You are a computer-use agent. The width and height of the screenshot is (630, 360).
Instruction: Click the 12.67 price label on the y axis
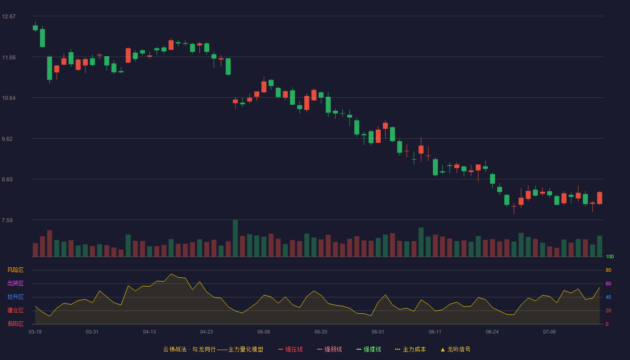(x=9, y=17)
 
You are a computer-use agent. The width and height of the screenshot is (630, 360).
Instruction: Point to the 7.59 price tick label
(x=7, y=220)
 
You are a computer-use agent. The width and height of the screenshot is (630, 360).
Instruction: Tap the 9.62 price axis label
(x=7, y=139)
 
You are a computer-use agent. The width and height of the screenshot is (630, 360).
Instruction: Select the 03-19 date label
(x=35, y=332)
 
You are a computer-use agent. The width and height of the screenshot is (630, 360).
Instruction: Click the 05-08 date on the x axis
(x=264, y=332)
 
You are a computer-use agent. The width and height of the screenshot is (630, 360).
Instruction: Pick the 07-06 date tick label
(x=549, y=332)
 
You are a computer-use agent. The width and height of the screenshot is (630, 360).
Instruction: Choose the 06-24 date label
(x=492, y=332)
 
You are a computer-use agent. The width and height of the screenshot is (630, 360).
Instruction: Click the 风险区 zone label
(x=15, y=270)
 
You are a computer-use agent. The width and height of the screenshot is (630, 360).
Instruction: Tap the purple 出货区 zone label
(x=15, y=283)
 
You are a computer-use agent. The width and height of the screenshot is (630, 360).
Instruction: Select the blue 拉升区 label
(x=15, y=297)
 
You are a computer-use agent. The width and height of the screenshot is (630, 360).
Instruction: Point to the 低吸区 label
(x=15, y=324)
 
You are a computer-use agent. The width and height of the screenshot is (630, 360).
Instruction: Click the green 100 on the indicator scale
(x=610, y=256)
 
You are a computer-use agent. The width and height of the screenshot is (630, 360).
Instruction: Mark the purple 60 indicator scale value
(x=608, y=283)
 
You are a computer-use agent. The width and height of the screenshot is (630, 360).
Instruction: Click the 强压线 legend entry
(x=290, y=349)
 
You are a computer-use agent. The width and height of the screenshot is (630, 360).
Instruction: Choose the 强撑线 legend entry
(x=369, y=349)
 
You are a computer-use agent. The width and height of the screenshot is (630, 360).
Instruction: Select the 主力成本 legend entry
(x=410, y=349)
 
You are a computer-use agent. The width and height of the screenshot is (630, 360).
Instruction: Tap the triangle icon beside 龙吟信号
(x=443, y=350)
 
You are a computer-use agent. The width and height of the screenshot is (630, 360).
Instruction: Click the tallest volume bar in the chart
(x=235, y=238)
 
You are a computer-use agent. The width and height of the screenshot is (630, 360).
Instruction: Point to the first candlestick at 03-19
(x=35, y=27)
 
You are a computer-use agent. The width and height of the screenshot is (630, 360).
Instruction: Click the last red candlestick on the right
(x=599, y=198)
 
